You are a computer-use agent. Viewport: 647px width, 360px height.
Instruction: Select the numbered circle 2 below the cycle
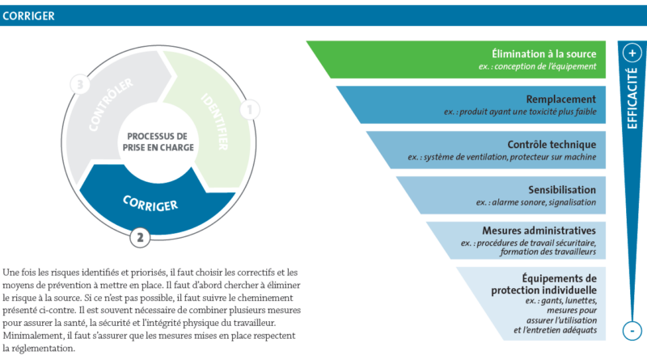pyautogui.click(x=141, y=237)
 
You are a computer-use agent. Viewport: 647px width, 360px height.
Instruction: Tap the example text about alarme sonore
pyautogui.click(x=535, y=201)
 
